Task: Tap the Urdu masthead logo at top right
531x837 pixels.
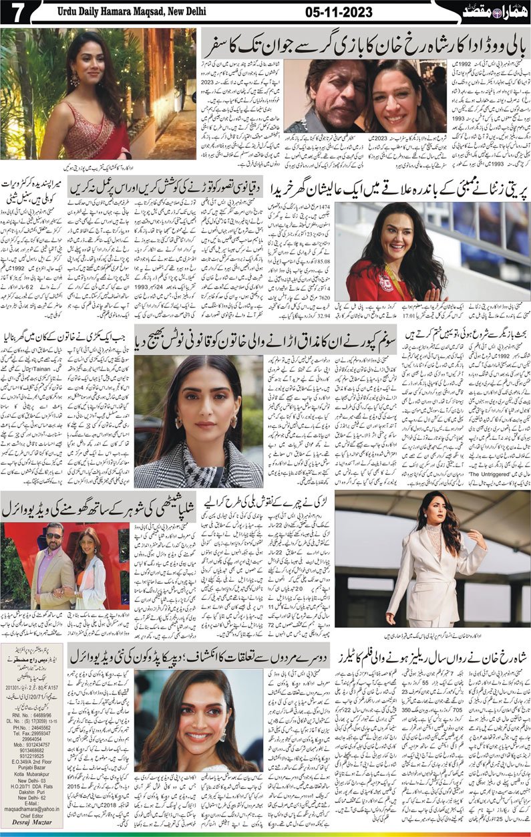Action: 496,11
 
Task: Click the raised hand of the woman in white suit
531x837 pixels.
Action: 478,538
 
